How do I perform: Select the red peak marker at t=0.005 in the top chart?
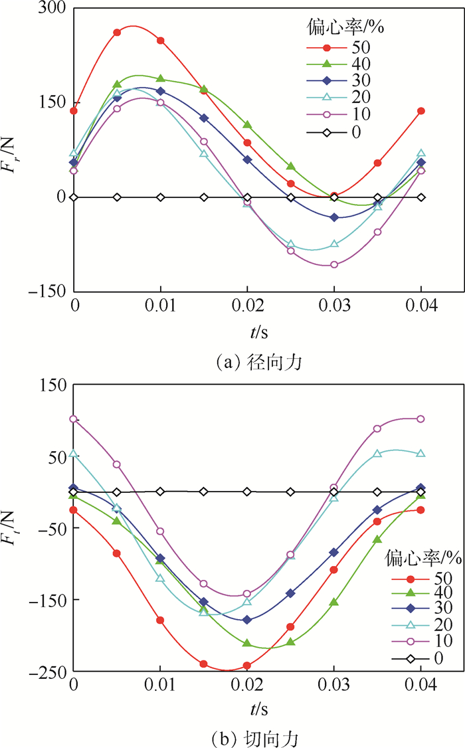coord(117,32)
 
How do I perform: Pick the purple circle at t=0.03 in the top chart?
coord(334,265)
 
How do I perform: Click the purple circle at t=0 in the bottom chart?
coord(74,419)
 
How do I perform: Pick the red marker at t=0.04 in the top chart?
coord(421,111)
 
